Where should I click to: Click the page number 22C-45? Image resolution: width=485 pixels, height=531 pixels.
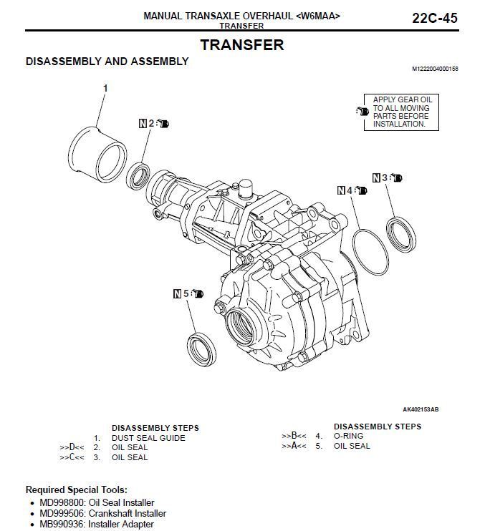pos(434,18)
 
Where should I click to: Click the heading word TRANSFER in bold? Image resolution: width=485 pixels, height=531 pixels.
pos(241,44)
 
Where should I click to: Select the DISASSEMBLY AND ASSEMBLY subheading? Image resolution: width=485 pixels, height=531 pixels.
pos(107,62)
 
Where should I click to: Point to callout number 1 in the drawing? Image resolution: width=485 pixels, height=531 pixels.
pos(105,88)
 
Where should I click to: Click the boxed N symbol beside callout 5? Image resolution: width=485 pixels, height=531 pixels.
pos(177,293)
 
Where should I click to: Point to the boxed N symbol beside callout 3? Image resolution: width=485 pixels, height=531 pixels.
pos(376,177)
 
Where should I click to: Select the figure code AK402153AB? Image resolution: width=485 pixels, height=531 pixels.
pos(421,409)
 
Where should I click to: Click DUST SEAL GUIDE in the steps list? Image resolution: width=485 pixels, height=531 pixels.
pos(148,438)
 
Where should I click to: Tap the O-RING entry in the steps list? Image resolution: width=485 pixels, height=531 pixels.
pos(348,436)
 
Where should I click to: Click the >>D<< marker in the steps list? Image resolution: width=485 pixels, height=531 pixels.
pos(72,447)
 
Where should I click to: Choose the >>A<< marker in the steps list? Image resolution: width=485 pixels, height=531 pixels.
pos(294,446)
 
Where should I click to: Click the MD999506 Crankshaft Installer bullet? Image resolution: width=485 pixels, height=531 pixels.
pos(102,513)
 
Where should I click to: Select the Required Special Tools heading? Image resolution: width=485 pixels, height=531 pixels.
pos(77,490)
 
